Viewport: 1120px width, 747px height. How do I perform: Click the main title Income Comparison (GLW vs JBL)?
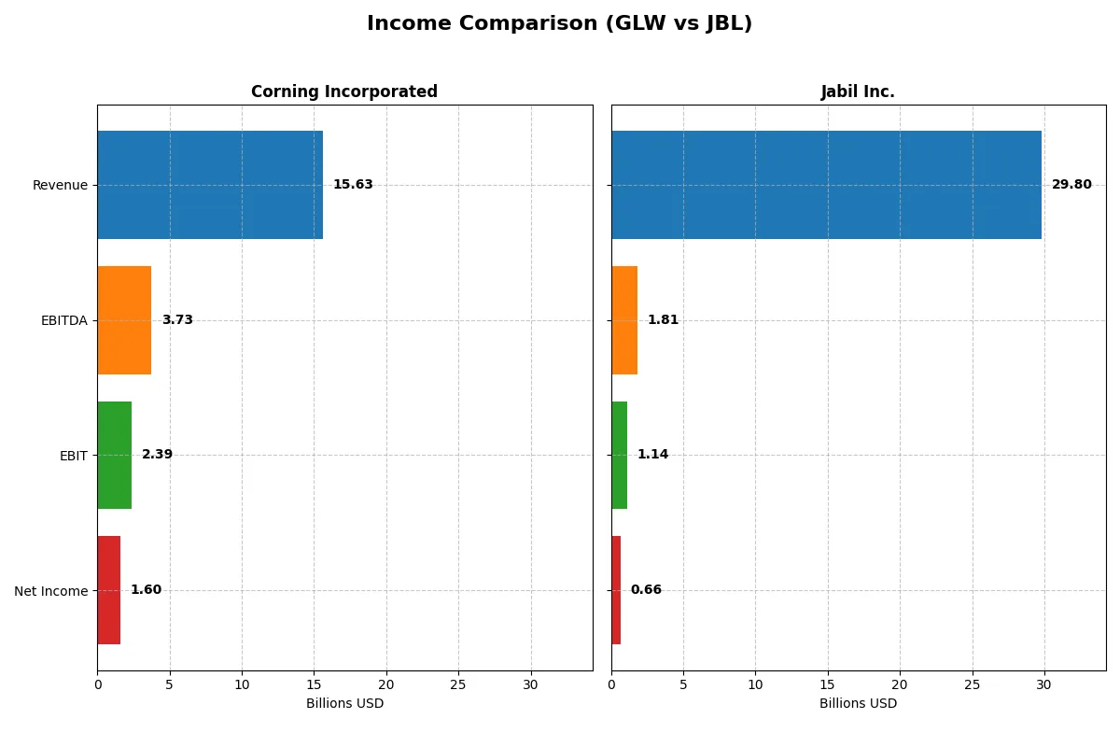click(x=559, y=24)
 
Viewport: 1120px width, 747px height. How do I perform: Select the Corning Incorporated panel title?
click(x=343, y=92)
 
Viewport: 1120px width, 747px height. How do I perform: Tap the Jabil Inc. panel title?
click(x=858, y=92)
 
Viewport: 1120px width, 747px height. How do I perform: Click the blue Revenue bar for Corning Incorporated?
click(x=210, y=185)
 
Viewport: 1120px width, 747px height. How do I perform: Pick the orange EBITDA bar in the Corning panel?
click(x=124, y=320)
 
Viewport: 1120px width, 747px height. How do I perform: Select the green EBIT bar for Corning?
click(x=114, y=456)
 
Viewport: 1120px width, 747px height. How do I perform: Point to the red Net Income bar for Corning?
click(x=108, y=590)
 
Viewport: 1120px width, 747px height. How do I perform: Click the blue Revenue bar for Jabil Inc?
click(x=826, y=185)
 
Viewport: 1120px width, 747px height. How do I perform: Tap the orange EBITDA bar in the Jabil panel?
click(x=624, y=320)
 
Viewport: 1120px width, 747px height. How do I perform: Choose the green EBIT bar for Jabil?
click(x=619, y=456)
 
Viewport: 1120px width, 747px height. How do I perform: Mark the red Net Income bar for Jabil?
click(x=616, y=590)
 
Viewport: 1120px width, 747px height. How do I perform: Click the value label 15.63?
click(x=353, y=185)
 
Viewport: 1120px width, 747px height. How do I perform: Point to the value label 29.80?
click(x=1071, y=185)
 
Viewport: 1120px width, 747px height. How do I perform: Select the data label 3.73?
click(x=177, y=320)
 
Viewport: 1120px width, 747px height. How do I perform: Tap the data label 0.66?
click(x=646, y=590)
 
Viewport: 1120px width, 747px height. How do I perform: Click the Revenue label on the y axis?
click(x=60, y=185)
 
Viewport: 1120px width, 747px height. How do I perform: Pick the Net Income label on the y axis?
click(x=50, y=591)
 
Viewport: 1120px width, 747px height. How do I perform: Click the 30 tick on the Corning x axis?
click(x=531, y=684)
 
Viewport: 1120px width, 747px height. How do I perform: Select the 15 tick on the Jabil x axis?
click(x=828, y=684)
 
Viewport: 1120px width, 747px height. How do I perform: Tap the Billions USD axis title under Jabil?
click(x=858, y=703)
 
